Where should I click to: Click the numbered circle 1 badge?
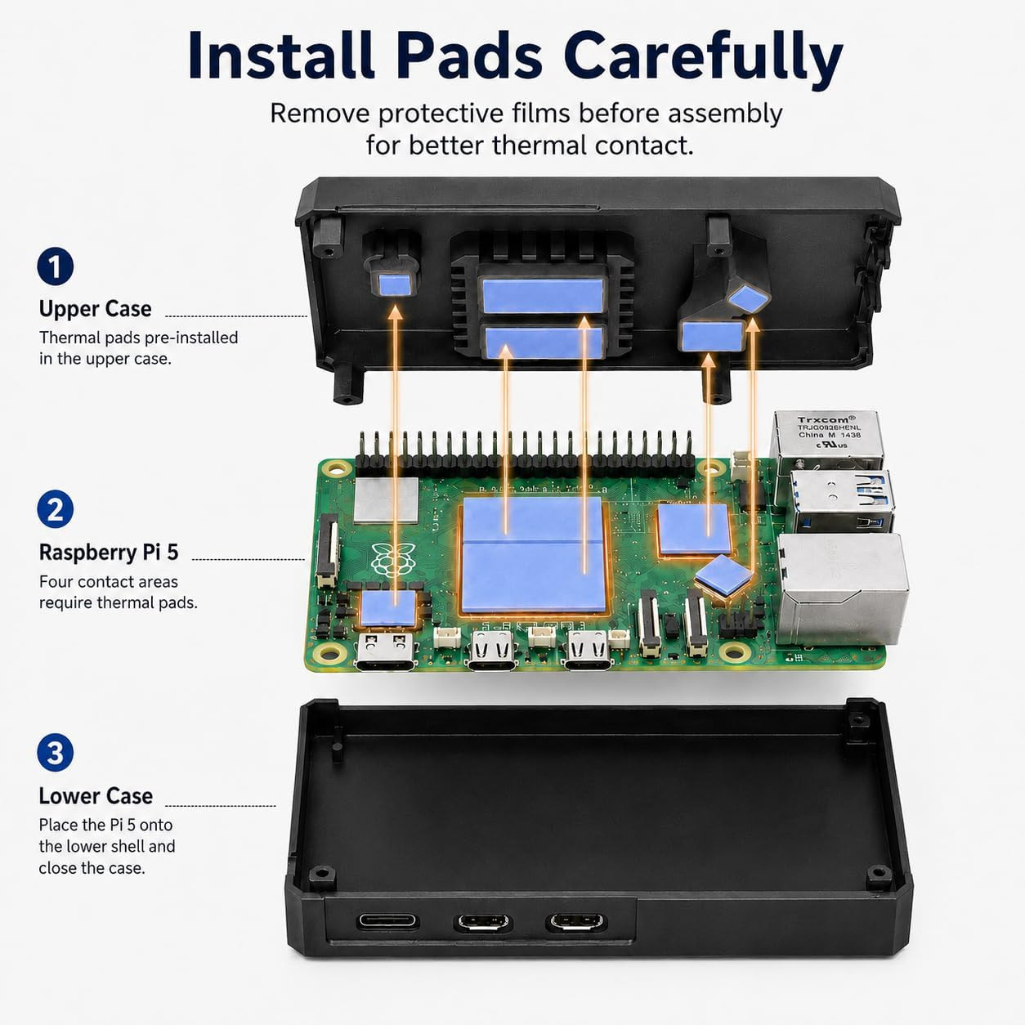[56, 266]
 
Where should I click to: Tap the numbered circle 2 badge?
[56, 509]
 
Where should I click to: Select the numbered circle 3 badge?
[56, 753]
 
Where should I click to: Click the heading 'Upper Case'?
[95, 309]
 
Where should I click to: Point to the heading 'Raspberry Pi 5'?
[109, 552]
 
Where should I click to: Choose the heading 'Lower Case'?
[96, 796]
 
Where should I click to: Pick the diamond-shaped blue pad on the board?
[724, 576]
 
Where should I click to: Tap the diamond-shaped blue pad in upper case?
[749, 298]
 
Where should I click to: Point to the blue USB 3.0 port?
[841, 500]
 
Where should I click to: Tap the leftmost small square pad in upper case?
[395, 284]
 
